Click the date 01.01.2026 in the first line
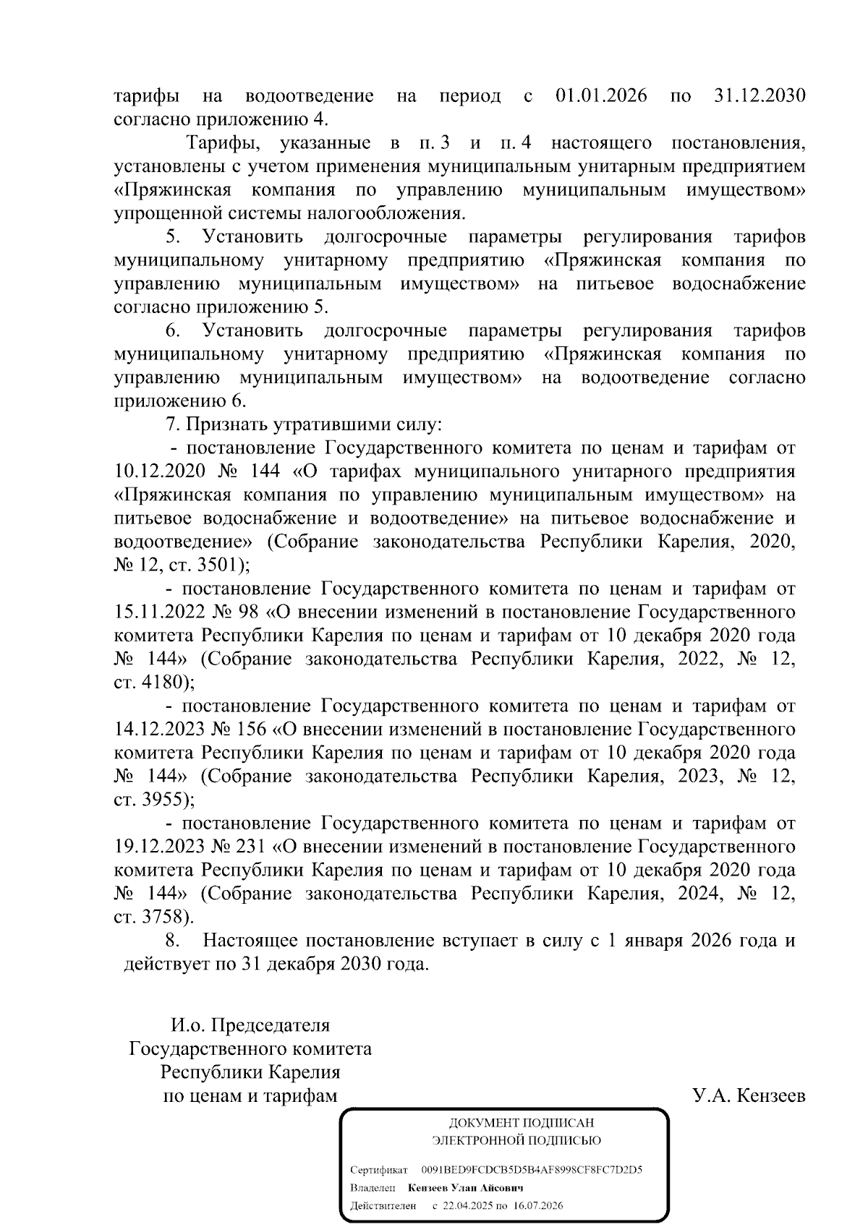(x=601, y=95)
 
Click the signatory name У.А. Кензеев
(x=749, y=1096)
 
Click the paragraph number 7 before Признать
(x=171, y=425)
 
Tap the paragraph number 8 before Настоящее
(x=171, y=941)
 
